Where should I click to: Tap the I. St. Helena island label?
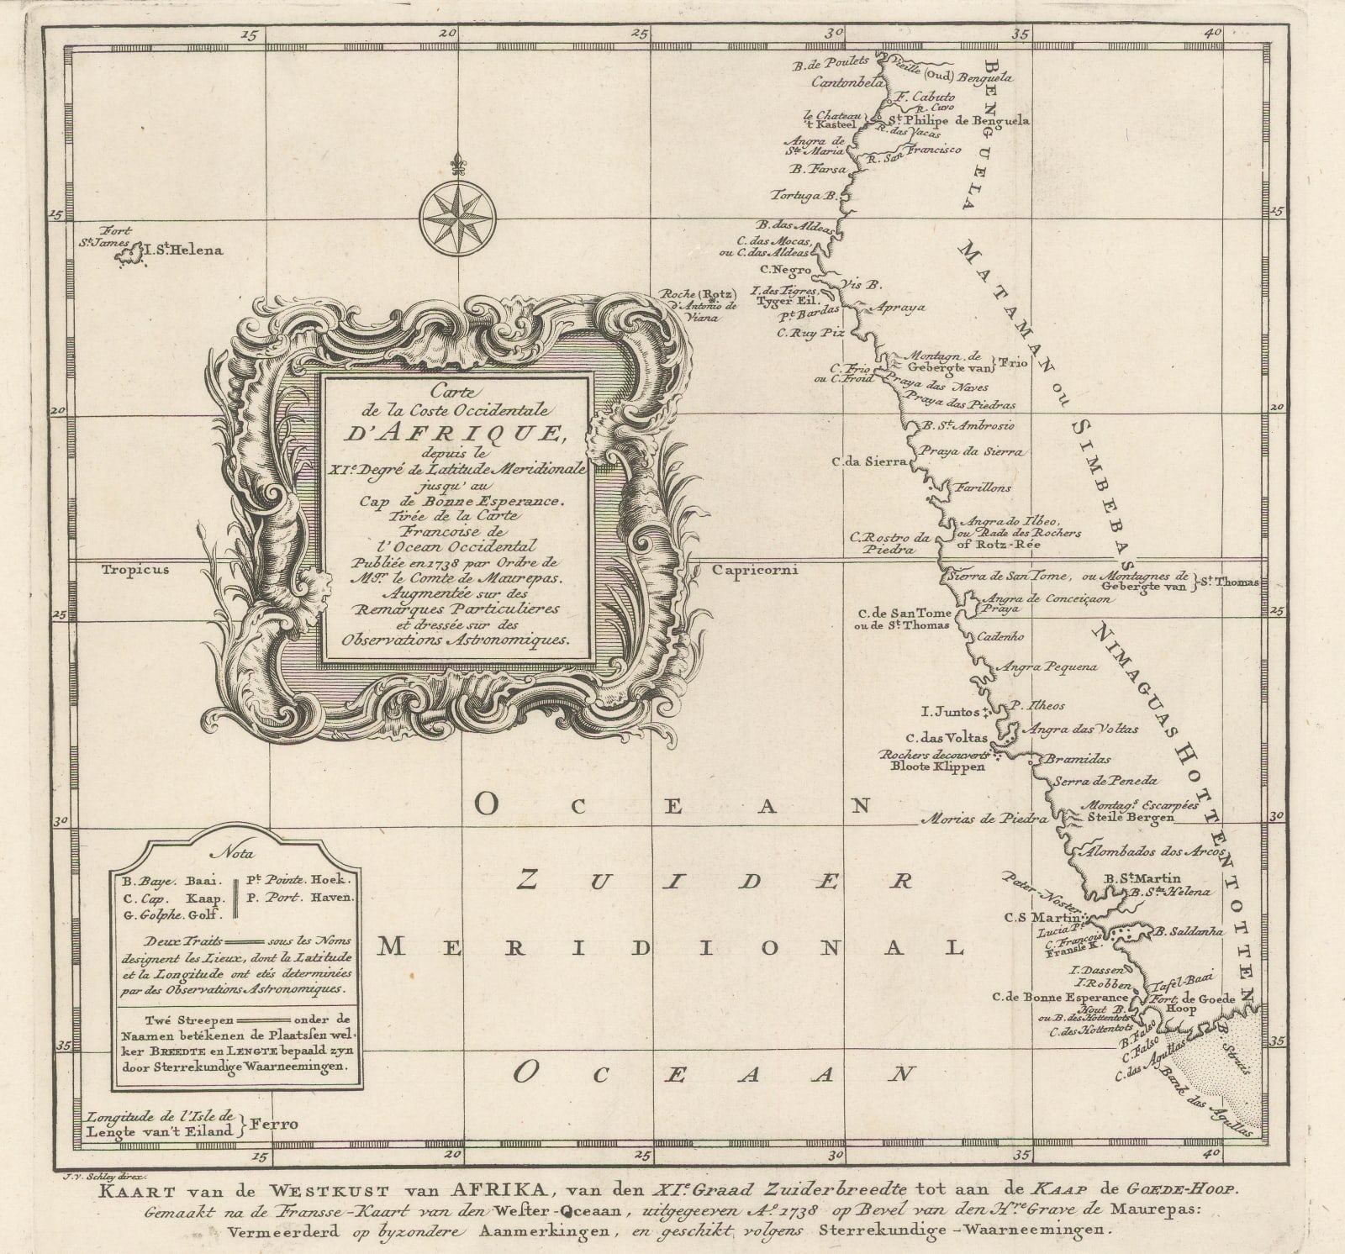(x=182, y=250)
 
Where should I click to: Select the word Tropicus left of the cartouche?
(x=135, y=569)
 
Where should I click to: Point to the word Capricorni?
(x=754, y=569)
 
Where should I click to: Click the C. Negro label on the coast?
(x=785, y=270)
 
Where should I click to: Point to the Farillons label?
(x=982, y=487)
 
